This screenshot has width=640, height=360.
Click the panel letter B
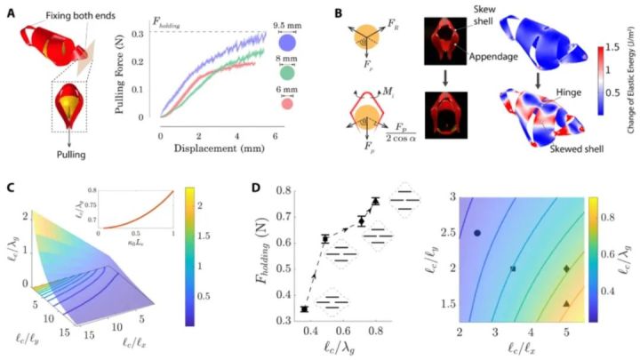338,11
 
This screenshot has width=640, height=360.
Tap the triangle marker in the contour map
566,304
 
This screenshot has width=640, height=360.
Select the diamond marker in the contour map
566,268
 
